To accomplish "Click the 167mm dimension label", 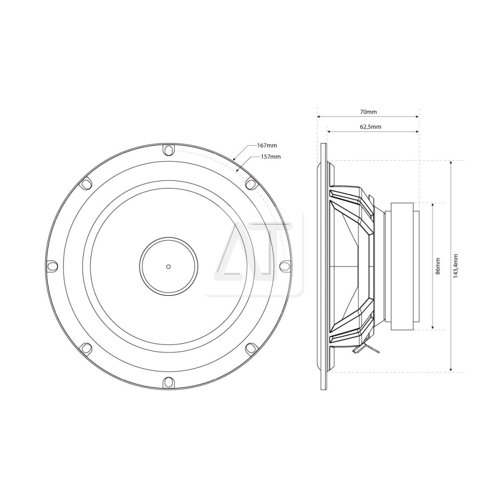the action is [267, 146].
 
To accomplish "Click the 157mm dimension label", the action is [271, 157].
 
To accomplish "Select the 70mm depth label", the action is [368, 112].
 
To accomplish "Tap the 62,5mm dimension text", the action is [370, 127].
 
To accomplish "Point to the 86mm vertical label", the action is [438, 266].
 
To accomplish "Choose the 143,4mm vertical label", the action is [456, 266].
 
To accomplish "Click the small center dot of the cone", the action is [168, 266].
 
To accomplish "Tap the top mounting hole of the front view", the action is [168, 150].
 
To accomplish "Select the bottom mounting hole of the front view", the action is [168, 382].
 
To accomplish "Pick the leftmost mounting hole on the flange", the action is [52, 266].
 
